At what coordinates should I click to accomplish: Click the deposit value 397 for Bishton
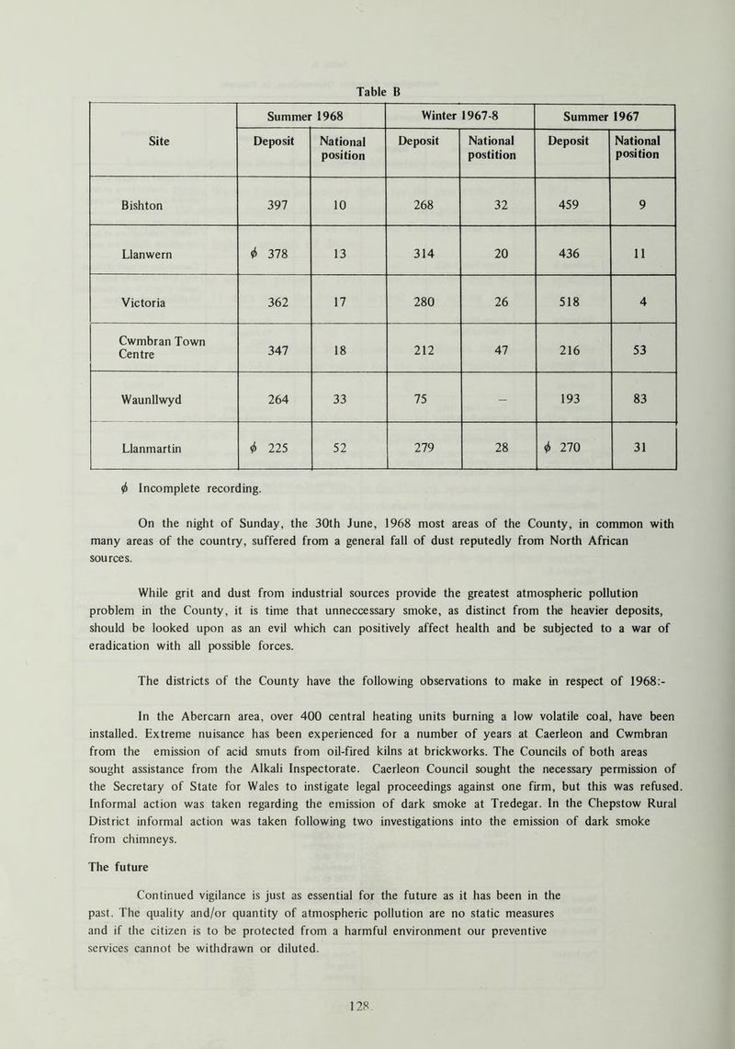tap(275, 200)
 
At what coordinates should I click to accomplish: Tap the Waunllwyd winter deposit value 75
tap(423, 397)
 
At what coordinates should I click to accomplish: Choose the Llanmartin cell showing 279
tap(423, 446)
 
